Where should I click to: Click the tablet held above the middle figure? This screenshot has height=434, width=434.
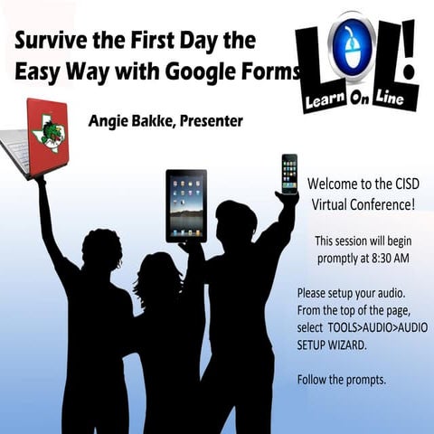(186, 205)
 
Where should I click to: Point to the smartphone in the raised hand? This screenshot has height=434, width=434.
(289, 174)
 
